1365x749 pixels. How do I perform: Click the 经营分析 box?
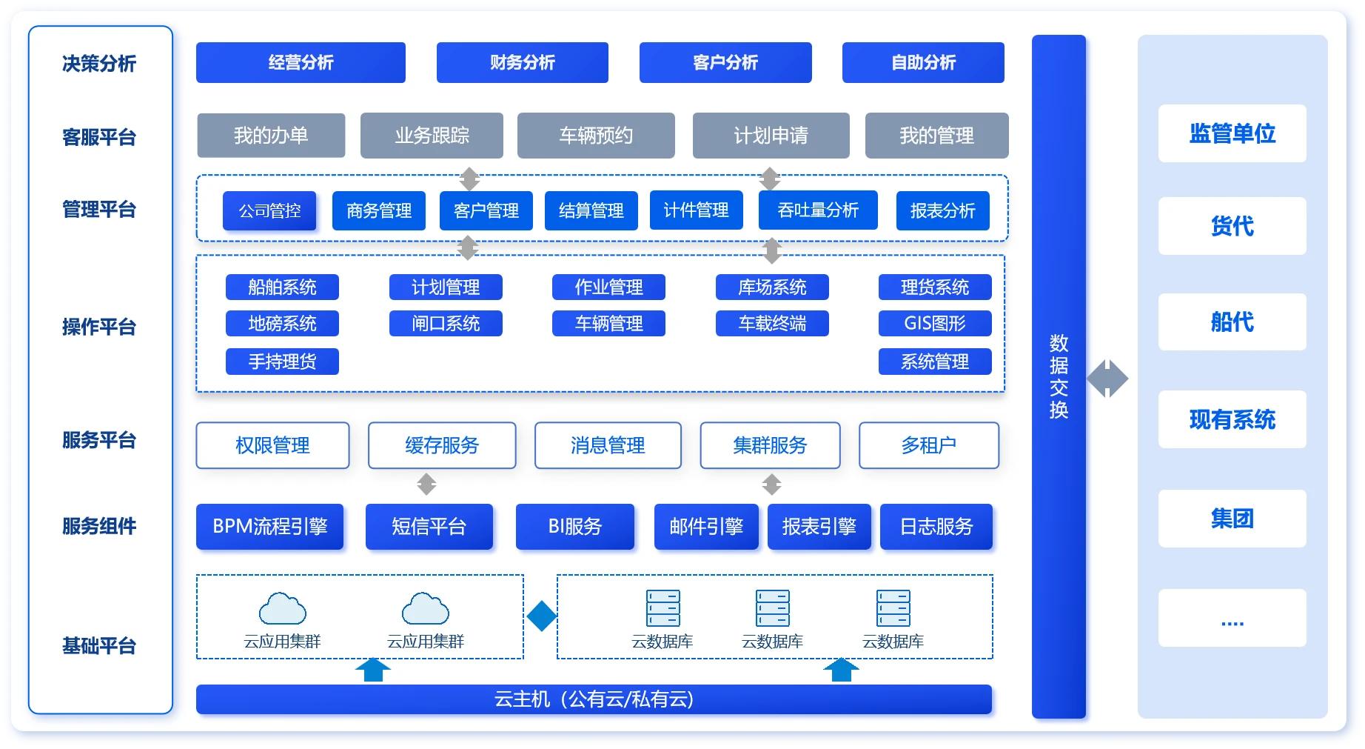[301, 62]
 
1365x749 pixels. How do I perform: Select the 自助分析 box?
[923, 62]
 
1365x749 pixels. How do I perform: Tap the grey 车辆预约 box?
[596, 136]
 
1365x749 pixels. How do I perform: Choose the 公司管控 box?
[269, 211]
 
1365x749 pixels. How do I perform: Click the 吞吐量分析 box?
[818, 210]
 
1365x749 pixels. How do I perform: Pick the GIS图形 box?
[935, 323]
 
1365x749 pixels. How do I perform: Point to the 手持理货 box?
[282, 362]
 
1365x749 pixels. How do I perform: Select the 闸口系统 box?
[446, 323]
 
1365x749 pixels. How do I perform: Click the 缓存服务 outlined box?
[442, 445]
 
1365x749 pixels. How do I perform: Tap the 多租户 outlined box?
[929, 445]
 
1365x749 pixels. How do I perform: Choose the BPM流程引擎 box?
[270, 527]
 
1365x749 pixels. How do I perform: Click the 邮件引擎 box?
[706, 527]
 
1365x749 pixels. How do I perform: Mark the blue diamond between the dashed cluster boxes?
[541, 616]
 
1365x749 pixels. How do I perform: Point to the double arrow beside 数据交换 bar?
[1107, 379]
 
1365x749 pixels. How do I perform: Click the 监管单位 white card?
[1232, 133]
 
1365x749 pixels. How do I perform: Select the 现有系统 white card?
[1232, 419]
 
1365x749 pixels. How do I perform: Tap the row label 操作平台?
[99, 327]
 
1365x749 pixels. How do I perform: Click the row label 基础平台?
[99, 646]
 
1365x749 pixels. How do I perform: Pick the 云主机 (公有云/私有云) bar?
[594, 699]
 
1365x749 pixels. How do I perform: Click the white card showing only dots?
[1232, 618]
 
